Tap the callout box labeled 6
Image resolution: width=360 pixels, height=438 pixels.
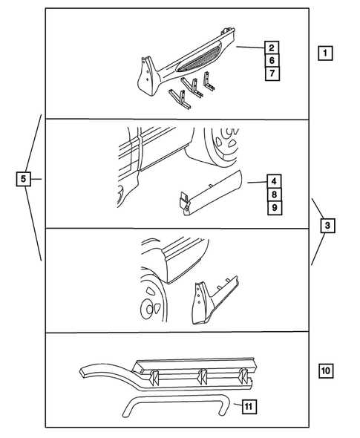[272, 60]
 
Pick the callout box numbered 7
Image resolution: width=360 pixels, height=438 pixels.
[272, 73]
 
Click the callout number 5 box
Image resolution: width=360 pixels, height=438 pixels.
[24, 179]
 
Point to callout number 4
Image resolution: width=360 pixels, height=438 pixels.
[274, 181]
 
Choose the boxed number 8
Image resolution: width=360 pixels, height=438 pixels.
[274, 194]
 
